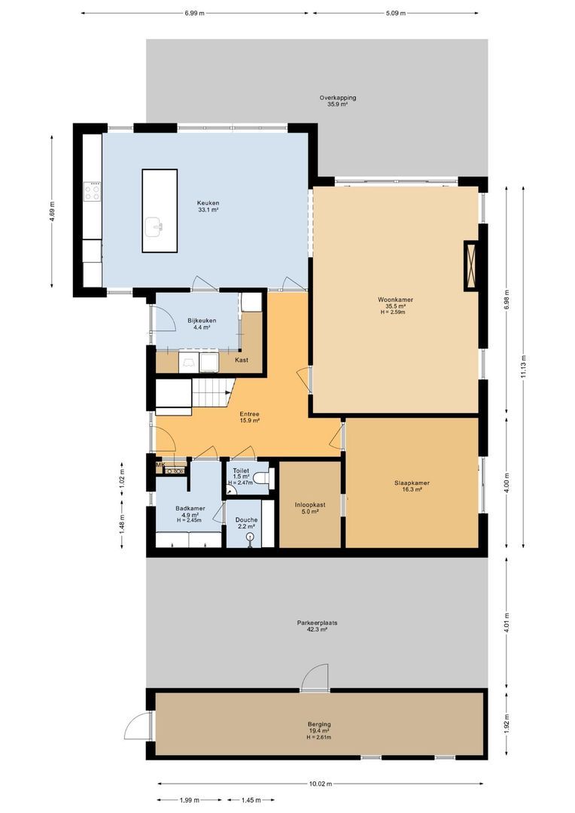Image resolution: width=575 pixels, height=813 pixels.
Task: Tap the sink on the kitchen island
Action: tap(157, 224)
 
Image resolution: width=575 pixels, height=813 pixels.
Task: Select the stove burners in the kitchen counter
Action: tap(93, 192)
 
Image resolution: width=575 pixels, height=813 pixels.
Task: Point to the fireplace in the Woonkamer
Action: tap(472, 265)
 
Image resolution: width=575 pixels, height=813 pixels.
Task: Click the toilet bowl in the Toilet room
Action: tap(260, 478)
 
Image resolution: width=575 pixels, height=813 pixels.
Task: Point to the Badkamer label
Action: tap(169, 513)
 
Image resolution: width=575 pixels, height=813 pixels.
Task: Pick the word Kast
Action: tap(242, 360)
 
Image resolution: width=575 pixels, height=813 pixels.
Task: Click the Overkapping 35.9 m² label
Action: tap(337, 101)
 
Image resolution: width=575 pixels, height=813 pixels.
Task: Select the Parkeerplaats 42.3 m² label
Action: tap(316, 626)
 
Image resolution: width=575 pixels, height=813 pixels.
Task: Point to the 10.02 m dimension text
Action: tap(320, 784)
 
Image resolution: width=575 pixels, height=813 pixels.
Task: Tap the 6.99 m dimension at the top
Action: tap(194, 13)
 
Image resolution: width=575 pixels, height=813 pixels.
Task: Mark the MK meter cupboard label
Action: tap(160, 465)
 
